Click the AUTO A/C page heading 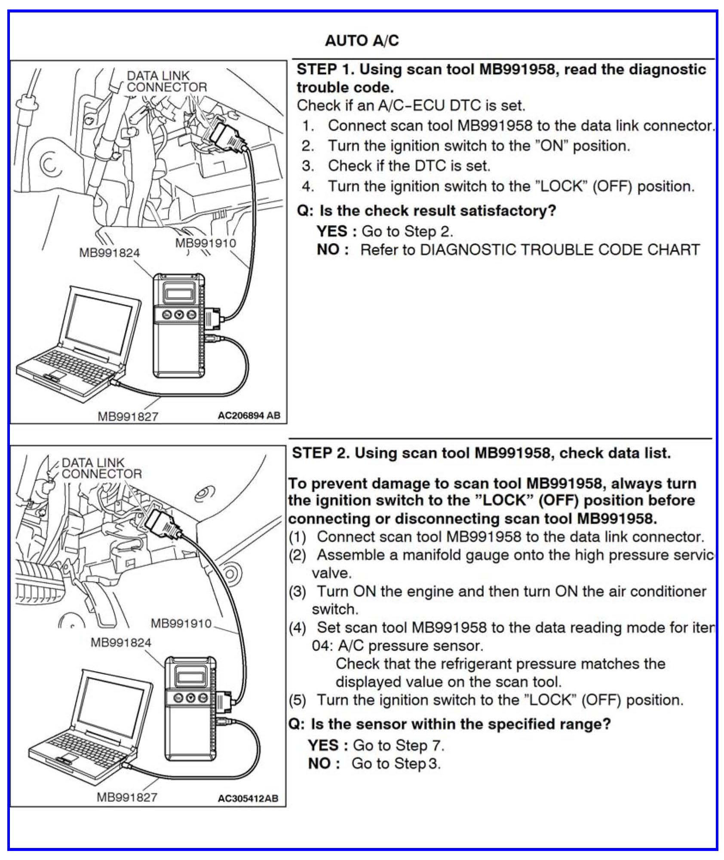[x=362, y=41]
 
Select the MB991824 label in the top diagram [x=109, y=252]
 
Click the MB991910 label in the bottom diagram [x=181, y=623]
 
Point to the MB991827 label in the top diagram [x=128, y=416]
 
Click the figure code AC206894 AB [x=248, y=415]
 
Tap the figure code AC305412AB [x=248, y=798]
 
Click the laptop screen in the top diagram [x=98, y=322]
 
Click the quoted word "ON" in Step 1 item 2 [x=552, y=146]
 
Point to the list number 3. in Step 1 [x=307, y=166]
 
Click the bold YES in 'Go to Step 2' [x=332, y=231]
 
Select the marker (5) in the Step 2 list [x=297, y=700]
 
